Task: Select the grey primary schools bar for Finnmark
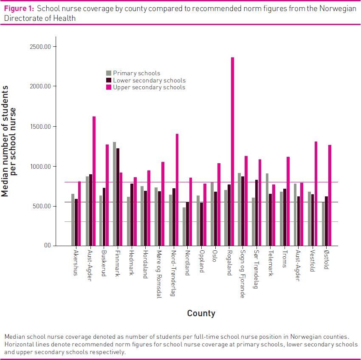(x=114, y=194)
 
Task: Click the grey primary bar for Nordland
(x=184, y=227)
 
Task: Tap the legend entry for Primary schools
(x=136, y=73)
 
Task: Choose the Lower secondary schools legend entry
(x=149, y=80)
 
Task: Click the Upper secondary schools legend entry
(x=149, y=87)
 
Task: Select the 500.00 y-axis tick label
(x=43, y=206)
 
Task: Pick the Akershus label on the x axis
(x=76, y=262)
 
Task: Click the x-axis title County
(x=201, y=313)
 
